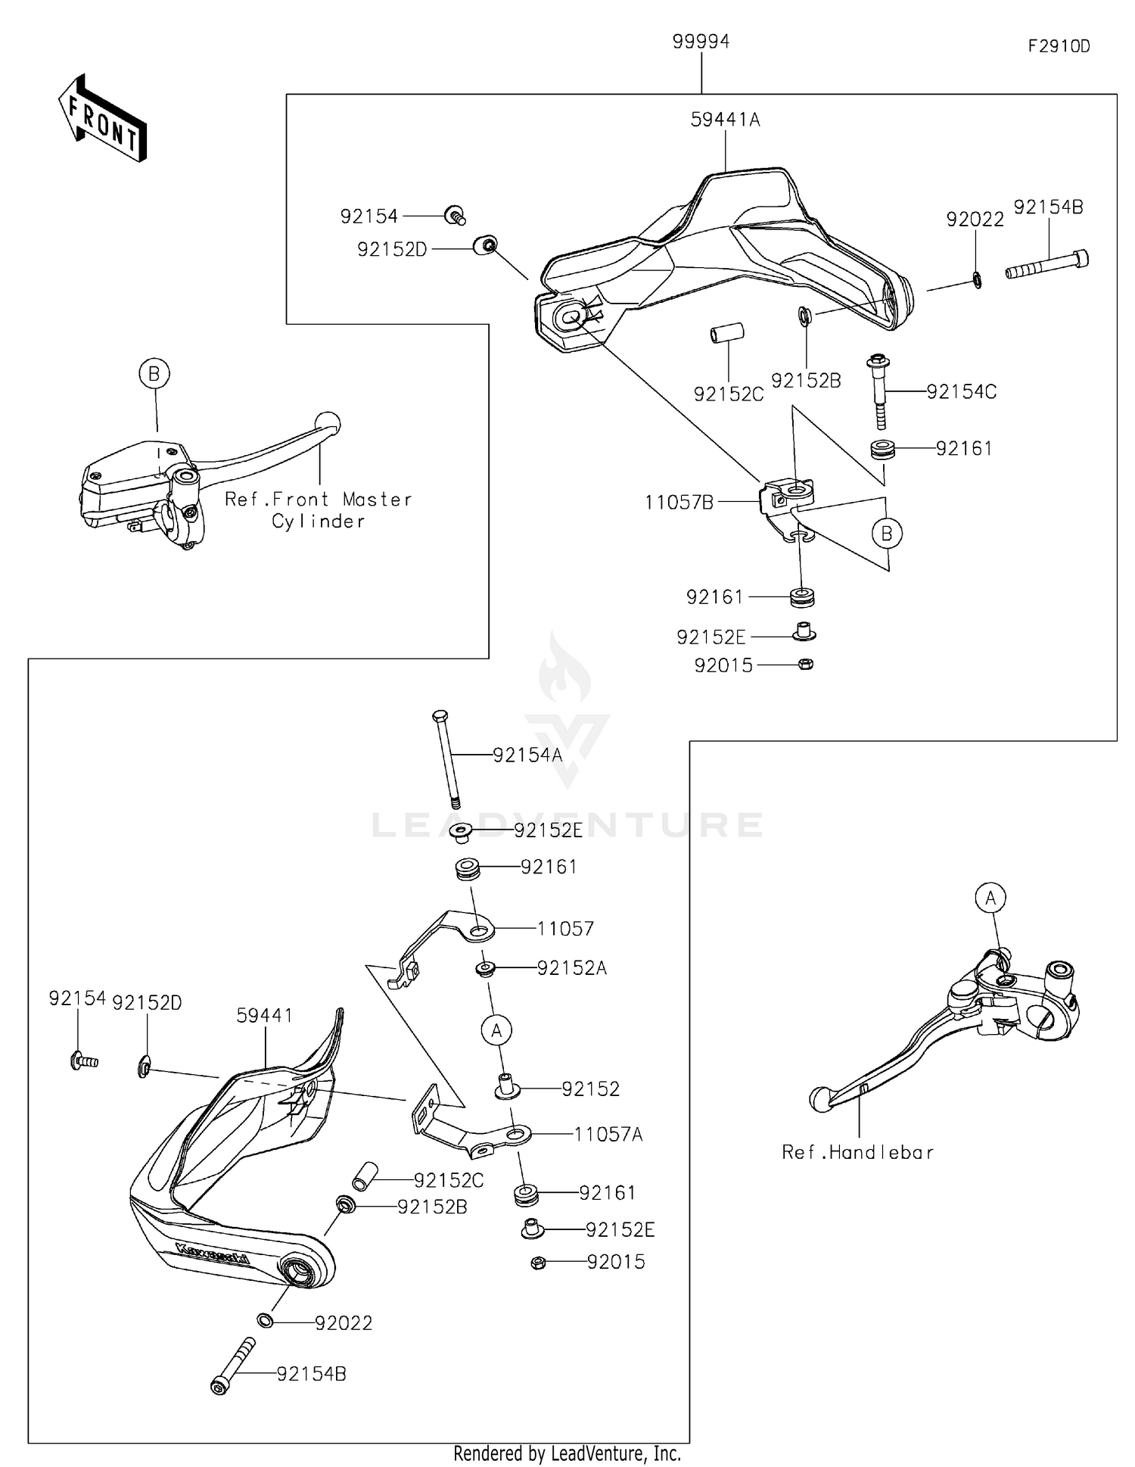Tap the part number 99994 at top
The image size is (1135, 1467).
tap(701, 42)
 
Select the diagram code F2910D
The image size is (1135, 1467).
tap(1059, 46)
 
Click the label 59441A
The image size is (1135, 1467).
tap(725, 120)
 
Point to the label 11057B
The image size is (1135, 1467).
tap(679, 503)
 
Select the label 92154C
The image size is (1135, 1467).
tap(961, 391)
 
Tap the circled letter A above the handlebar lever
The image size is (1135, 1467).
tap(990, 899)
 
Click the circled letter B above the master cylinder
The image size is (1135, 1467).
tap(154, 373)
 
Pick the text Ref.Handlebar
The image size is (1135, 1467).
tap(857, 1152)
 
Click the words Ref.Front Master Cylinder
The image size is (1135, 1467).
tap(319, 509)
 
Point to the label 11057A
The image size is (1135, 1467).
tap(608, 1134)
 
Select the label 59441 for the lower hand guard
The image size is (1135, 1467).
tap(264, 1016)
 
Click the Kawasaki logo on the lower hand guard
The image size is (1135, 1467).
tap(211, 1253)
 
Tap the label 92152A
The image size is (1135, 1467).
tap(572, 968)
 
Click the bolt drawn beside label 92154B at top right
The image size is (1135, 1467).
tap(1047, 265)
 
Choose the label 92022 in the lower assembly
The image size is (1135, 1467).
tap(344, 1323)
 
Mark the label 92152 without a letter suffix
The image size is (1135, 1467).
tap(590, 1089)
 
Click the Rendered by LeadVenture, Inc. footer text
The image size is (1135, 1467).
tap(567, 1453)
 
